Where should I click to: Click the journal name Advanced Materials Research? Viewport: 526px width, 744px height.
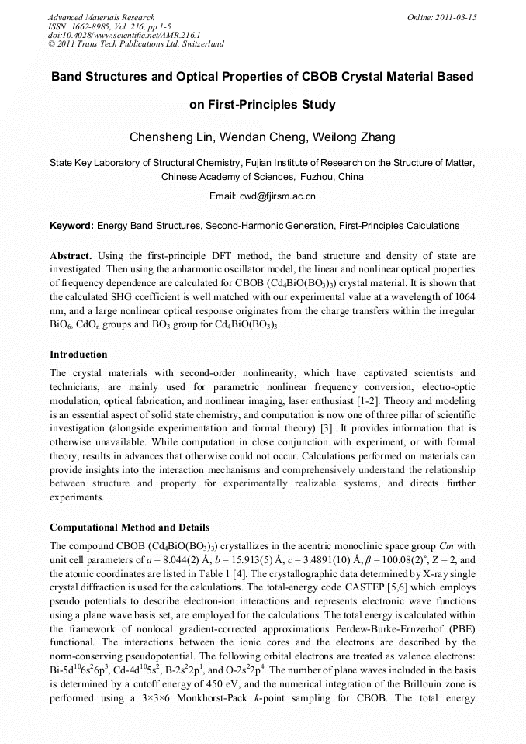coord(101,17)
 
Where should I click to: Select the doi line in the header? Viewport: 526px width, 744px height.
coord(124,35)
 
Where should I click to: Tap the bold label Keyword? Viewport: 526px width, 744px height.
coord(71,226)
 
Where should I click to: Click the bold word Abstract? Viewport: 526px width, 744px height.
coord(71,255)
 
